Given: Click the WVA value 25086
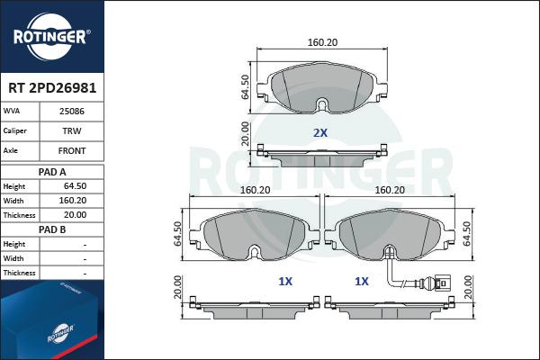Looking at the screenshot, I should [72, 112].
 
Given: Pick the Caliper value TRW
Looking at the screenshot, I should [72, 131].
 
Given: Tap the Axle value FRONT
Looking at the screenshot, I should [72, 151].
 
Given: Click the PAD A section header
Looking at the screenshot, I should [51, 171].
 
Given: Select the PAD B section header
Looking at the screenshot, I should [51, 230].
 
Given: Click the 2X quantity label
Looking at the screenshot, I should [319, 133].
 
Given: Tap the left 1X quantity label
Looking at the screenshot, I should [285, 281].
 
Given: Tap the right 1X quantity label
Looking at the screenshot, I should [362, 281].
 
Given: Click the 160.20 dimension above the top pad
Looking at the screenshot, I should [322, 41].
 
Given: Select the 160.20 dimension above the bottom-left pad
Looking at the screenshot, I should [256, 190].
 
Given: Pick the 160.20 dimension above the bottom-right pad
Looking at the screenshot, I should [389, 190].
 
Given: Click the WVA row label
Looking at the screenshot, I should [13, 112].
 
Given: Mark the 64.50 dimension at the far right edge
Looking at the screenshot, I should [466, 235].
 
